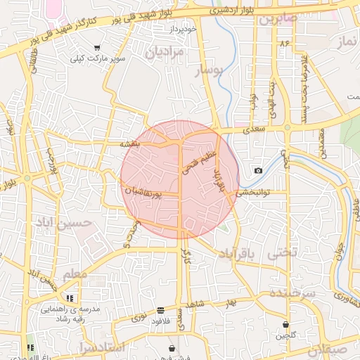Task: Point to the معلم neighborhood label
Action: coord(75,274)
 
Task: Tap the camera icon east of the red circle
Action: coord(259,171)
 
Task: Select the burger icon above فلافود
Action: coord(161,310)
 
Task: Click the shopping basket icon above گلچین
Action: coord(286,325)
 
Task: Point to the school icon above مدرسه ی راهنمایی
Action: coord(69,298)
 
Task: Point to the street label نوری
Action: coord(139,319)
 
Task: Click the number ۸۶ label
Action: coord(285,44)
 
